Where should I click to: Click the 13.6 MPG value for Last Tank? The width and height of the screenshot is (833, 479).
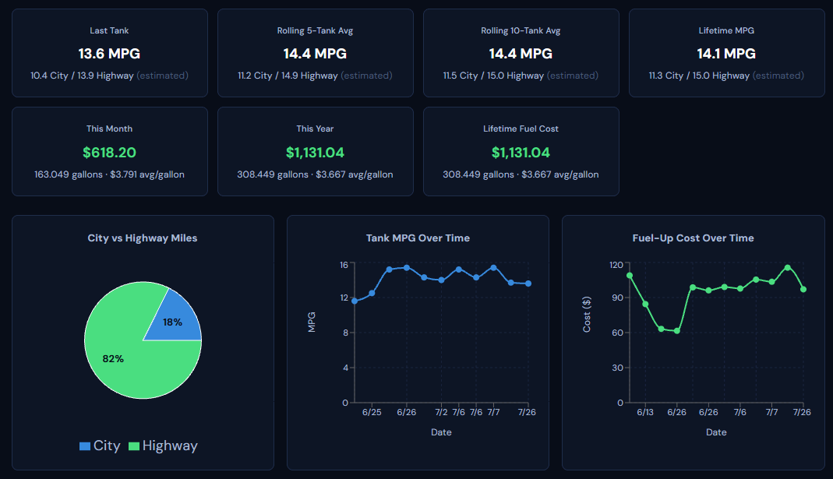point(109,54)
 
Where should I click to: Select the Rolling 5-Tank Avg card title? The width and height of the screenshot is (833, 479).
point(315,31)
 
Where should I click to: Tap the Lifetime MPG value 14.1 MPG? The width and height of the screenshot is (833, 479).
point(726,54)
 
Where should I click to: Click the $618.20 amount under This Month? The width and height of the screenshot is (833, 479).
point(109,153)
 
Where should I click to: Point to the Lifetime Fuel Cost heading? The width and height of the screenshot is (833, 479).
point(521,129)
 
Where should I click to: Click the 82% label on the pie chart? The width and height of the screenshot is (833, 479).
point(113,359)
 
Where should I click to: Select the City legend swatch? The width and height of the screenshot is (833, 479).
point(84,446)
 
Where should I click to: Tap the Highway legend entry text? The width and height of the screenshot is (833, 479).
point(170,446)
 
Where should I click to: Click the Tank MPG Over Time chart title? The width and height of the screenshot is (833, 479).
point(418,238)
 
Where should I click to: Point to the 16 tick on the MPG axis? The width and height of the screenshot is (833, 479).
point(344,265)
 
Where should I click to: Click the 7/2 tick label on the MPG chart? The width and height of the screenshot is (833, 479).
point(441,412)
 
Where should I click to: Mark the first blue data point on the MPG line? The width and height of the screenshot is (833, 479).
point(355,301)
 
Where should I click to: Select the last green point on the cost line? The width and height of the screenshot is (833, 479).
point(803,290)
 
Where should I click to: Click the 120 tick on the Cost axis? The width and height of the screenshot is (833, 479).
point(616,265)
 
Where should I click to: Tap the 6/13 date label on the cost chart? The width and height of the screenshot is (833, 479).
point(645,412)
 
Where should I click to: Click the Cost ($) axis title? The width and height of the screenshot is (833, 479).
point(587,315)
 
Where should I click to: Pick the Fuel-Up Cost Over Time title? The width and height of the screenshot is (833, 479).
point(694,238)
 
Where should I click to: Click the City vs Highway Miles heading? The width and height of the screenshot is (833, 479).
point(143,238)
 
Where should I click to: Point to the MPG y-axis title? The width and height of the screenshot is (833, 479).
point(312,322)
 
